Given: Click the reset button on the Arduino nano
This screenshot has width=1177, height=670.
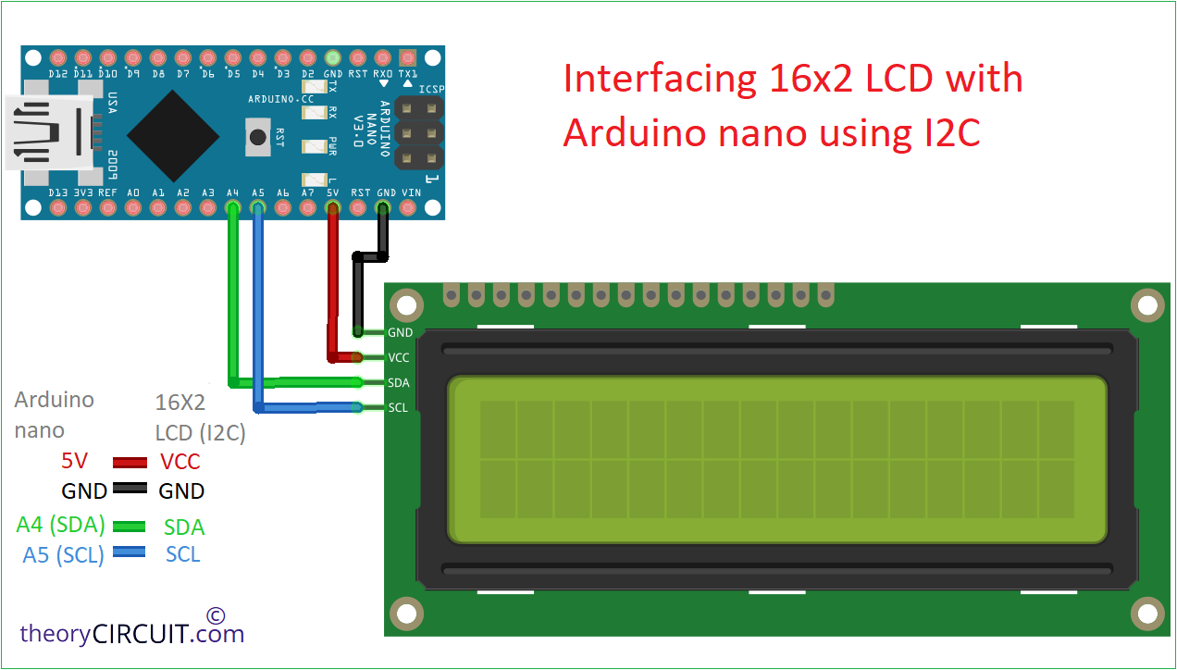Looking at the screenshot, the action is click(x=258, y=137).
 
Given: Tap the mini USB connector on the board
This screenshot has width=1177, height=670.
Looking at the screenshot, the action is click(x=53, y=132).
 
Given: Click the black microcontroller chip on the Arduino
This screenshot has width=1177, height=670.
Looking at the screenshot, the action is click(x=173, y=136).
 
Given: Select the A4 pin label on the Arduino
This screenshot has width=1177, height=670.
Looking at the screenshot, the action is click(x=233, y=192).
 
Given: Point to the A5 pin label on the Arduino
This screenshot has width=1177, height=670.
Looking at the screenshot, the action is click(x=258, y=192).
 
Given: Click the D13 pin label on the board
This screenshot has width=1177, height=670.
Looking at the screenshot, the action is click(x=57, y=192).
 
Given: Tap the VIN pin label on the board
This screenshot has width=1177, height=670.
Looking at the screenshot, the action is click(x=412, y=192).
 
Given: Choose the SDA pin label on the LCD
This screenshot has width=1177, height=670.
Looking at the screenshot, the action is click(x=398, y=382).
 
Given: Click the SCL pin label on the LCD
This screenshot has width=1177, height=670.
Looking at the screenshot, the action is click(x=398, y=408).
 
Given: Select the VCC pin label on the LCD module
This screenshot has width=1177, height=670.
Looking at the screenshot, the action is click(x=398, y=358).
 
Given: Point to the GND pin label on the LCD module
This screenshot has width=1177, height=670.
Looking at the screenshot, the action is click(x=400, y=332).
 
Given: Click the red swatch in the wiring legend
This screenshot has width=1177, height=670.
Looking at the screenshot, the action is click(x=130, y=463).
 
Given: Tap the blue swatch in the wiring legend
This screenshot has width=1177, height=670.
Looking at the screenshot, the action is click(x=129, y=552).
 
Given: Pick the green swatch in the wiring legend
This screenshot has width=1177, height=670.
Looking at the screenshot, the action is click(x=129, y=526).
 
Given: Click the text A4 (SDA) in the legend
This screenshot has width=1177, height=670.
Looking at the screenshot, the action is click(x=60, y=525).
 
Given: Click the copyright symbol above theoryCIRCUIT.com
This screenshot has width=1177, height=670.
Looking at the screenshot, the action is click(x=216, y=615).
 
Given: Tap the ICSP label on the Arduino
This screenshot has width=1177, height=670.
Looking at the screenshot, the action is click(x=431, y=90).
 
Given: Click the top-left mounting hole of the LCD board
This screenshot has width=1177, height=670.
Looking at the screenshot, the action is click(x=407, y=305).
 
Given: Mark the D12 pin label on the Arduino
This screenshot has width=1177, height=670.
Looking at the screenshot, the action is click(x=57, y=74).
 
